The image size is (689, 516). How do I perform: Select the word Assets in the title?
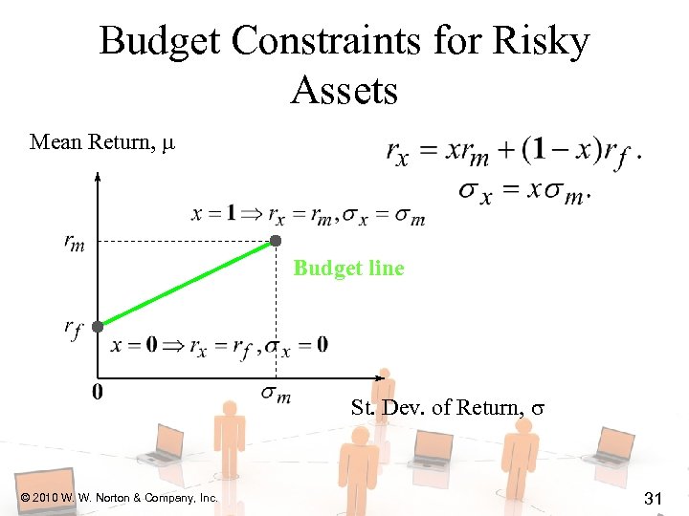point(344,91)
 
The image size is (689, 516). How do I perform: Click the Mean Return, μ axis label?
point(102,143)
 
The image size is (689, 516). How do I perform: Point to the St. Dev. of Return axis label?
point(448,408)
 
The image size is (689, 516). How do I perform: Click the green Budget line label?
point(348,269)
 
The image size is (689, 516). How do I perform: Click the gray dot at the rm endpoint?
point(276,241)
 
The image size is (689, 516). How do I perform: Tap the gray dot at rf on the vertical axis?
point(98,326)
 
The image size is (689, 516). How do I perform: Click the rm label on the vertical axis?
point(74,244)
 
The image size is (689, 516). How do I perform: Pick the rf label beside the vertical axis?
point(74,329)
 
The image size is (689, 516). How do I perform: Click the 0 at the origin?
point(98,392)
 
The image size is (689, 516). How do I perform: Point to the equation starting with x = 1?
point(308,215)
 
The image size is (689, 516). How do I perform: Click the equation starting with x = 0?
point(219,346)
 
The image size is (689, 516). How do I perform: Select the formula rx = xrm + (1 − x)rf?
point(513,152)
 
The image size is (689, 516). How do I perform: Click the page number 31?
point(655,497)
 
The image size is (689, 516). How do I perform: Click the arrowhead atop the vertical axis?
point(98,176)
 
